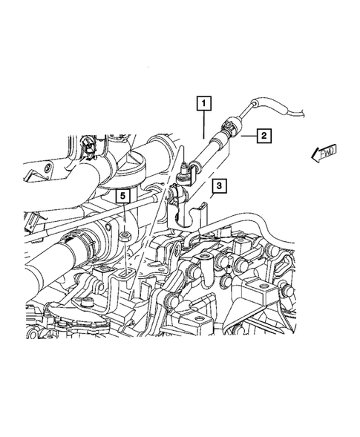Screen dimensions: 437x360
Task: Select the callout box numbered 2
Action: pyautogui.click(x=263, y=135)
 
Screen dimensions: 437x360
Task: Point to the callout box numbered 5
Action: pyautogui.click(x=123, y=196)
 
